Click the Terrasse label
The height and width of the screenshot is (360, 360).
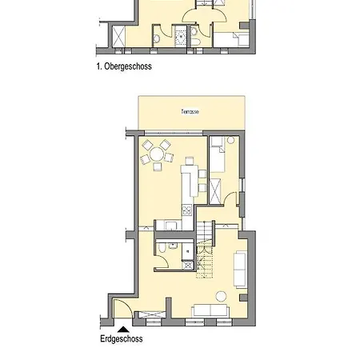[190, 111]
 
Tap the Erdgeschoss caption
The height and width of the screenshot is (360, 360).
[121, 339]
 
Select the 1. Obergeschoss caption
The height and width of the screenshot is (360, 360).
[123, 67]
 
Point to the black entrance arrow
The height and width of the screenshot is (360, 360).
[122, 326]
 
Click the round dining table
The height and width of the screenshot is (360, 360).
[158, 153]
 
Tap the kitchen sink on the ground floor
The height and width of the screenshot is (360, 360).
[171, 226]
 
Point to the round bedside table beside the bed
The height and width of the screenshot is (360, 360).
[230, 142]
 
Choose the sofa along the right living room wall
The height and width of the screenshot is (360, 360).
[239, 269]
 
